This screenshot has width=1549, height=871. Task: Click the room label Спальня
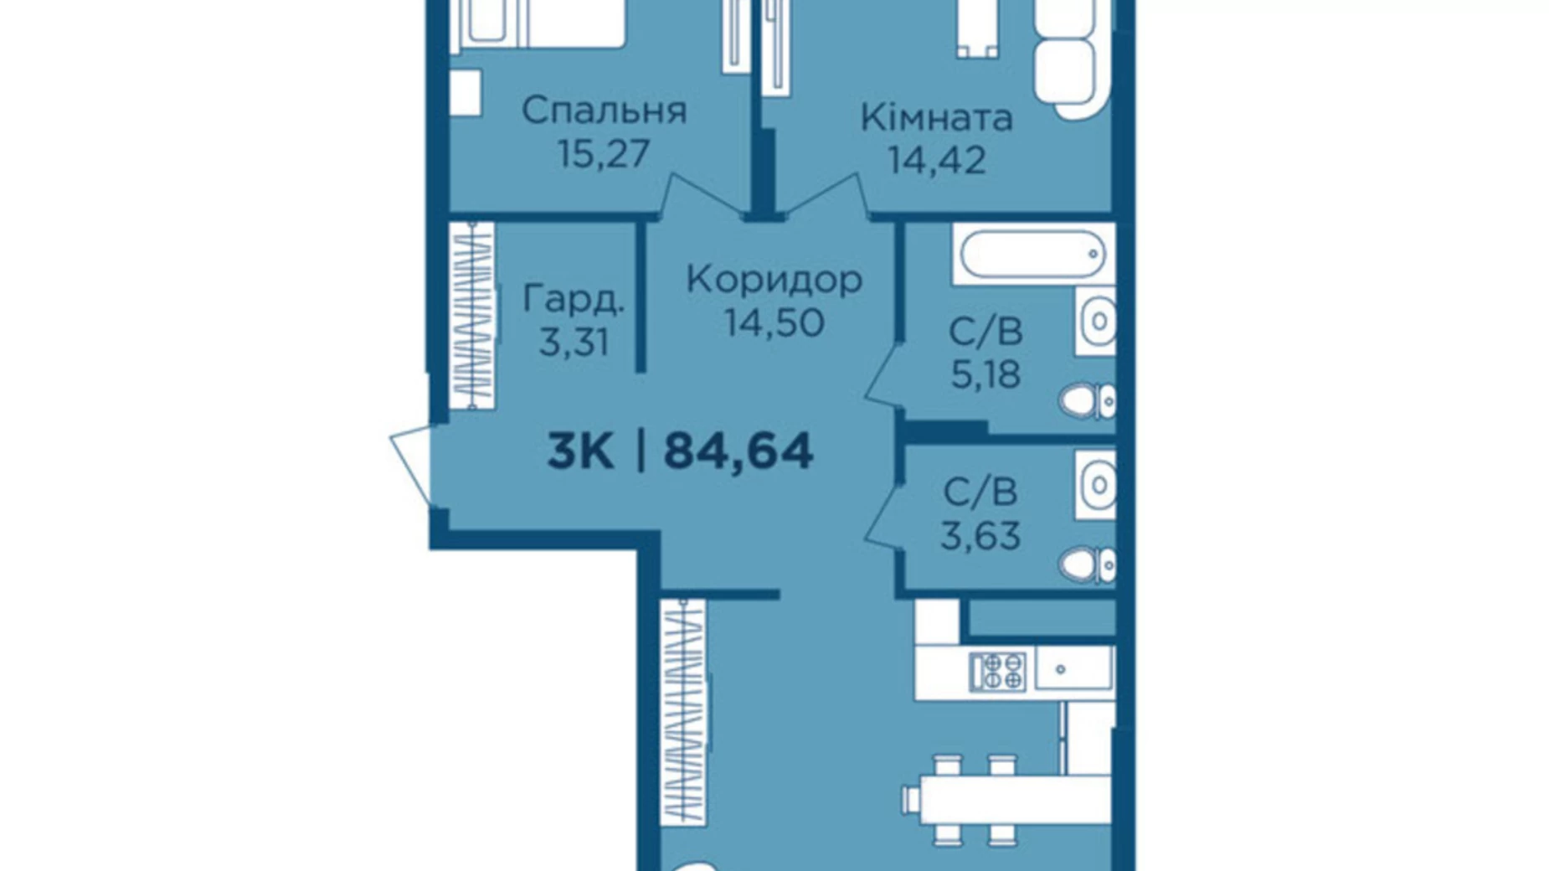[x=604, y=110]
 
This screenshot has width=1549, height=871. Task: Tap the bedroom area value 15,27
[x=604, y=153]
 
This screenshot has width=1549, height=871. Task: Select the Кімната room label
[x=936, y=117]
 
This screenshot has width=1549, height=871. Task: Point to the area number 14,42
[x=937, y=160]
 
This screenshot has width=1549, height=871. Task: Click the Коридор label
[x=774, y=280]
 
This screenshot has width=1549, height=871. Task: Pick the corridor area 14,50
[x=774, y=322]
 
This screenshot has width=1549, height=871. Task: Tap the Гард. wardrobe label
[x=574, y=300]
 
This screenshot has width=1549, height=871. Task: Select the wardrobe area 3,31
[x=574, y=342]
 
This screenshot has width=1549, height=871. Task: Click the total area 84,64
[x=738, y=451]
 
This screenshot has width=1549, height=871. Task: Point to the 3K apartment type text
[x=580, y=451]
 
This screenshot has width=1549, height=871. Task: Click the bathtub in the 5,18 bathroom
[x=1033, y=254]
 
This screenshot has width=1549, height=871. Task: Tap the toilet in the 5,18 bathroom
[x=1087, y=402]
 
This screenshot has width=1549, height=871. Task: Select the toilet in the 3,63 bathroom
[x=1087, y=564]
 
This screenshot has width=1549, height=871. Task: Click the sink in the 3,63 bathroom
[x=1096, y=485]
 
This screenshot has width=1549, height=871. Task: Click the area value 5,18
[x=985, y=374]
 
